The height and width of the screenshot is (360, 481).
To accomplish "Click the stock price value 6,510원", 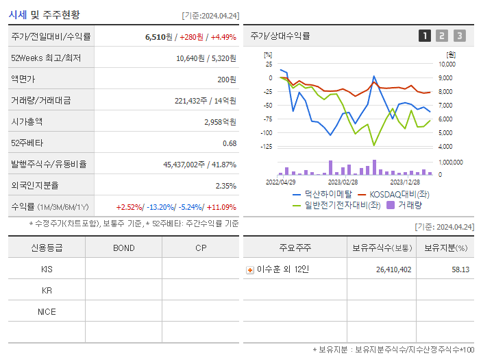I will tap(158, 37).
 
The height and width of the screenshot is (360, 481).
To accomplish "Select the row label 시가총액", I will tap(27, 121).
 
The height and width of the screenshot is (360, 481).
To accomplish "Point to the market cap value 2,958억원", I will tap(220, 121).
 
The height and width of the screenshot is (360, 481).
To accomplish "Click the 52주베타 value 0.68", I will tap(230, 143).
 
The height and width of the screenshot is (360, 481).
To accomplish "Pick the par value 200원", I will tap(227, 80).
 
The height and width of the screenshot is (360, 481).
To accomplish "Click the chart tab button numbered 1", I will tap(425, 36).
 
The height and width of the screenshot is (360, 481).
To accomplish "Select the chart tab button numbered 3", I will tap(459, 36).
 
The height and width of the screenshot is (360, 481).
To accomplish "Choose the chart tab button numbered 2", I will tap(442, 36).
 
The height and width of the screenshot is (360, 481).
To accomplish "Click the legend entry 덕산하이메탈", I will tap(322, 194).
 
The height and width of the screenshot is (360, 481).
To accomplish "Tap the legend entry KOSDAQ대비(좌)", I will tap(394, 194).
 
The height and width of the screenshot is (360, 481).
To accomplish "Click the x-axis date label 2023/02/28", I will tap(343, 182).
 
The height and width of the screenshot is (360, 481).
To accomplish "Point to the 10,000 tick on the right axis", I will tap(446, 64).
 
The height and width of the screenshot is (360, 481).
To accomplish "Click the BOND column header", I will tap(123, 248).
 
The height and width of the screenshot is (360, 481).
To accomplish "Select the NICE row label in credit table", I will tap(47, 311).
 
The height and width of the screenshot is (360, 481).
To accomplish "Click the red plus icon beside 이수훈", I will tap(250, 269).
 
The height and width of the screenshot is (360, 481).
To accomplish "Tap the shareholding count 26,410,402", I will tap(393, 269).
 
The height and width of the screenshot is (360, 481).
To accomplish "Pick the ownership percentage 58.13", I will tap(460, 269).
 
